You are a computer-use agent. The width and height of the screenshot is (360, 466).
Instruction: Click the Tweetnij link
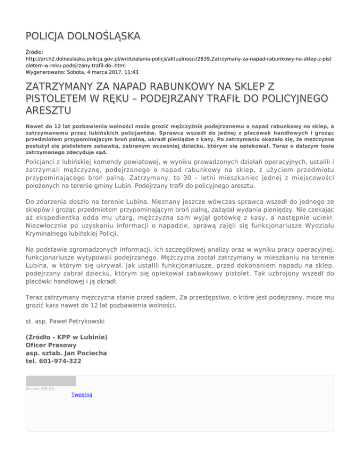pos(82,395)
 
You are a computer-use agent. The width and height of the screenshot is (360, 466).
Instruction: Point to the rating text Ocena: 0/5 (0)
pos(40,388)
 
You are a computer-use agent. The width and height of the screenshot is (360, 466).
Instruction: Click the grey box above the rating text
pos(51,380)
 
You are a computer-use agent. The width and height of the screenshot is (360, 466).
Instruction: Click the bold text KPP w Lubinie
pos(83,337)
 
